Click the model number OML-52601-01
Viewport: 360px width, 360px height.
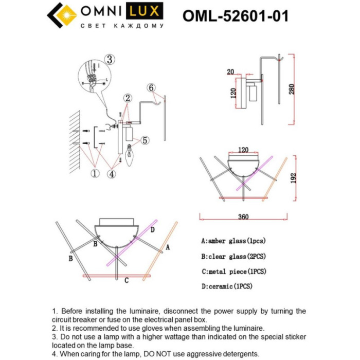click(236, 16)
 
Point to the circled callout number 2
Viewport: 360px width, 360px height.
click(128, 98)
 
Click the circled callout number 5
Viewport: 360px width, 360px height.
click(145, 139)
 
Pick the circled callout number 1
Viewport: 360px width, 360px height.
click(95, 173)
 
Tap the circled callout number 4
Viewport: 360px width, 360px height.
click(112, 173)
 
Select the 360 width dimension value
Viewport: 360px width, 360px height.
click(243, 217)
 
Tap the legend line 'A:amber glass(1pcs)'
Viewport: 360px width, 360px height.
click(233, 241)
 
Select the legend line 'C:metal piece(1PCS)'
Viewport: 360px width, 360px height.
click(234, 271)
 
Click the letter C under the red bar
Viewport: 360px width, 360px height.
click(126, 281)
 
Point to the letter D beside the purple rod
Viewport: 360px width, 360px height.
click(153, 229)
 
